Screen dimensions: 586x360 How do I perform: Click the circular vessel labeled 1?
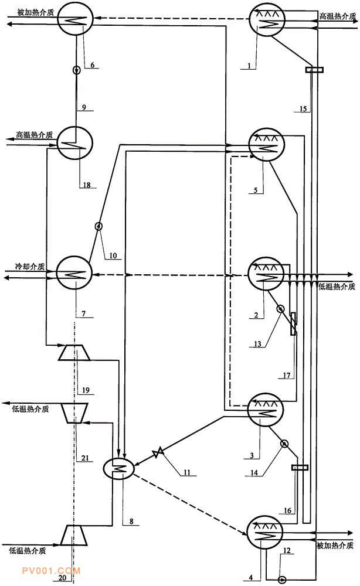point(267,21)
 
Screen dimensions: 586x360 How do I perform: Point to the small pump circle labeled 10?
point(99,226)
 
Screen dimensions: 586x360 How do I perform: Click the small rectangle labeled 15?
point(314,70)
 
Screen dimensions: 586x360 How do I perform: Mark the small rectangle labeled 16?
point(300,467)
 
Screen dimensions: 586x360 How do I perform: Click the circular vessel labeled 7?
point(73,273)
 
